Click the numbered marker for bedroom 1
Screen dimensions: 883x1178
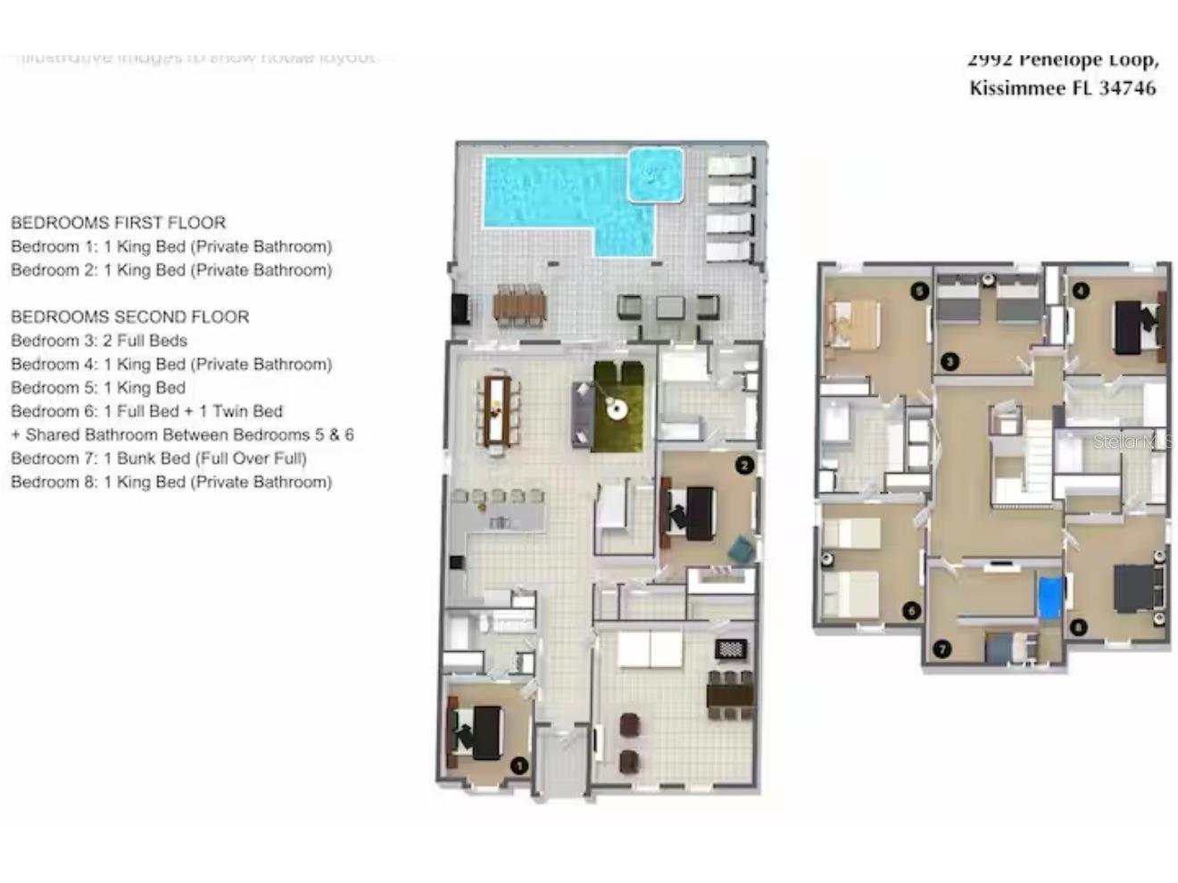tap(518, 765)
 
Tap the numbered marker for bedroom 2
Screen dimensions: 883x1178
tap(744, 465)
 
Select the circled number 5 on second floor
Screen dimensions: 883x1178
tap(919, 291)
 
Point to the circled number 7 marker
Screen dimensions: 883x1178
tap(942, 648)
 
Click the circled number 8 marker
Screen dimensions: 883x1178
tap(1079, 627)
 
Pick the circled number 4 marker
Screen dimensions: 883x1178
tap(1081, 291)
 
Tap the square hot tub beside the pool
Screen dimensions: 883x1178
tap(656, 175)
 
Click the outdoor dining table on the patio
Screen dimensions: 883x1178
tap(518, 307)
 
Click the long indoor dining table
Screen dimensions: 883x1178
tap(497, 410)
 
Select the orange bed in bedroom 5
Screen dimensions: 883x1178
tap(854, 324)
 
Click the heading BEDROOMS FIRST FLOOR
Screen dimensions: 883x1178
tap(118, 223)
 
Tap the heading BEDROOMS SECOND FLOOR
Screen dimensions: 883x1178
tap(129, 317)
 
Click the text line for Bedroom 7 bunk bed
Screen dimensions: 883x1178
tap(159, 458)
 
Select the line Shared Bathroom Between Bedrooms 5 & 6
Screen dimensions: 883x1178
tap(182, 435)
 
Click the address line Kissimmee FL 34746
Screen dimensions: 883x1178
tap(1062, 88)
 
